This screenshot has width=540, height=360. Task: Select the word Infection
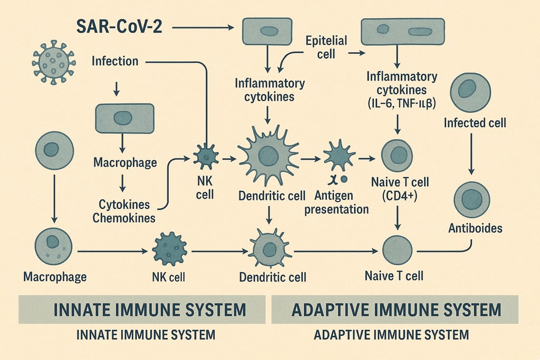pos(115,61)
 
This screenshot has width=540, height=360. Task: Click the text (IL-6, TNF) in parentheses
pos(402,104)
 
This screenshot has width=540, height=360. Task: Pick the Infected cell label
pos(475,123)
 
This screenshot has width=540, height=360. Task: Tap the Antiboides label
pos(474,229)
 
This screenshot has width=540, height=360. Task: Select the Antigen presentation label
pos(342,202)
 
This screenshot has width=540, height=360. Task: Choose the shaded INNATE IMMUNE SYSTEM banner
pos(142,309)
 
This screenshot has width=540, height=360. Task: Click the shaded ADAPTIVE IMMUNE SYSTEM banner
pos(395,309)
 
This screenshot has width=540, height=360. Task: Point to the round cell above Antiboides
pos(471,199)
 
